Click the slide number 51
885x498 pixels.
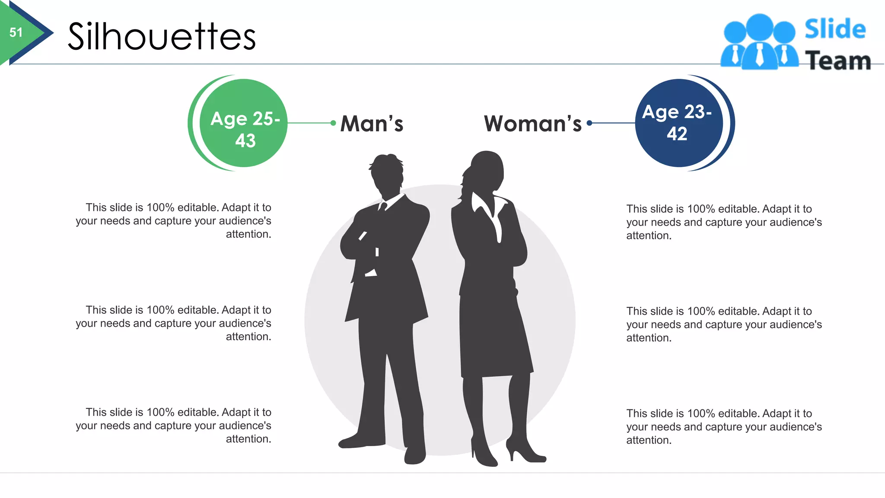point(16,32)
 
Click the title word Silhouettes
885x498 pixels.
point(162,37)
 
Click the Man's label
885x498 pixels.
point(372,124)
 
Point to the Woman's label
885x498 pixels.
point(533,124)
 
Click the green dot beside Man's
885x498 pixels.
point(333,123)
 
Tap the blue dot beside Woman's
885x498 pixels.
point(589,123)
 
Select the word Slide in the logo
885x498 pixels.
point(835,29)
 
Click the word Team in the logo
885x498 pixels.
point(837,61)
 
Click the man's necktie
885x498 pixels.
point(382,207)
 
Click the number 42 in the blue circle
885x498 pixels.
point(677,134)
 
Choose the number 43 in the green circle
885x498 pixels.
point(245,140)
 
